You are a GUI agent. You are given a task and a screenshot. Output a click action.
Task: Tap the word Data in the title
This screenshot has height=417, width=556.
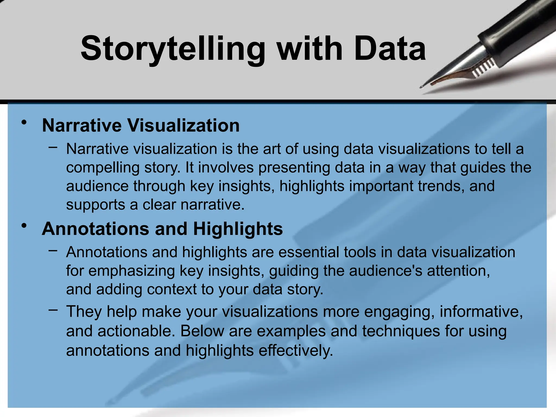point(390,49)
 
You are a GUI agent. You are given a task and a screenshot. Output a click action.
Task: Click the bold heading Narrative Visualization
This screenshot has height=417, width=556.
point(141,125)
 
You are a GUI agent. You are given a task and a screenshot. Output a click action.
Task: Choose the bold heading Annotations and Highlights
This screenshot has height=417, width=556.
point(162,229)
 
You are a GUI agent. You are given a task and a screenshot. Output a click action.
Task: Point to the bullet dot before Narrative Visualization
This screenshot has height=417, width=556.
point(24,123)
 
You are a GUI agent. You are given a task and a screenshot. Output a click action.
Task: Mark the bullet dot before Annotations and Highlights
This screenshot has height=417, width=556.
point(24,226)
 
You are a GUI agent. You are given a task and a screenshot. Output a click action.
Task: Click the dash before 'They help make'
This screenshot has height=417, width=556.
point(53,310)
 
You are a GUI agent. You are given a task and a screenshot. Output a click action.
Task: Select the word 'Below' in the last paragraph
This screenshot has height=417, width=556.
point(202,331)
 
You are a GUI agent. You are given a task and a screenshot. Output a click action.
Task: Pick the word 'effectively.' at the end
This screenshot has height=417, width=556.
point(296,350)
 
